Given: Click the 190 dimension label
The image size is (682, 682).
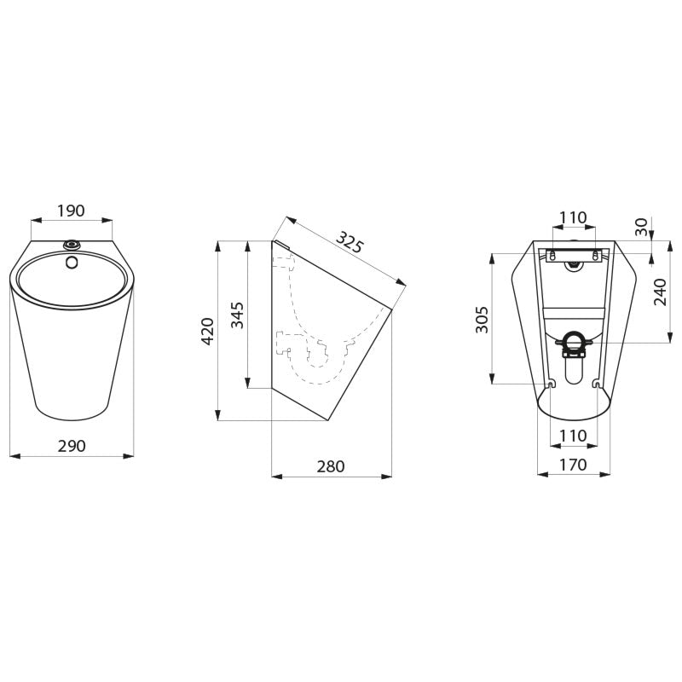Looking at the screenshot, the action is [x=71, y=211].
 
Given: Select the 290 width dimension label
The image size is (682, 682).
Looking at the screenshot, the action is [x=72, y=446].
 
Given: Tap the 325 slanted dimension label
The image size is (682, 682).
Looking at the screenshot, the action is [x=349, y=243].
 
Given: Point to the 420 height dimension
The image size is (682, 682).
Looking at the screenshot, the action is [x=207, y=332].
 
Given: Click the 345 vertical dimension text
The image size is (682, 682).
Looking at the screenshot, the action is [x=237, y=315].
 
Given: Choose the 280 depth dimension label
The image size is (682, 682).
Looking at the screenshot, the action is [x=331, y=466].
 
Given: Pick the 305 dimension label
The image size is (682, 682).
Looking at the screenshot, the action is [x=482, y=320].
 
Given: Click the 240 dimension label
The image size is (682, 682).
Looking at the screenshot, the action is [x=660, y=292].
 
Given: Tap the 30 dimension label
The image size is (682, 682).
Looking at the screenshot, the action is [x=641, y=227].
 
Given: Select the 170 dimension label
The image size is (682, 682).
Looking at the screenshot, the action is [x=573, y=465].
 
